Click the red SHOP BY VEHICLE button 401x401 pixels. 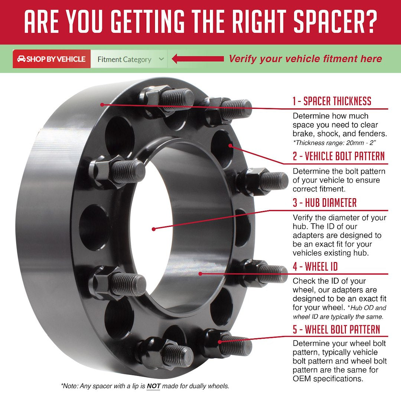click(52, 59)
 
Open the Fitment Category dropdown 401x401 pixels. click(128, 59)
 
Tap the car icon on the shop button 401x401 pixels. click(21, 59)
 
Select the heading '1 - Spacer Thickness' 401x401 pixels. click(332, 101)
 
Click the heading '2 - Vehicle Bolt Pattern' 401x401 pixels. click(338, 156)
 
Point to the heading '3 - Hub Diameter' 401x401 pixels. click(324, 203)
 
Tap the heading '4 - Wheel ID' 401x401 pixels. click(315, 267)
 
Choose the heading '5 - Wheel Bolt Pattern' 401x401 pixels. click(336, 329)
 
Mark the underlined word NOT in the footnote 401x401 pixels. click(153, 386)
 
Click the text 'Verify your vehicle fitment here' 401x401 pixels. click(305, 59)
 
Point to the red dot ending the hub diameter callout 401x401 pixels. click(154, 229)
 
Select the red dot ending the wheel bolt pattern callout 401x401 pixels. click(221, 342)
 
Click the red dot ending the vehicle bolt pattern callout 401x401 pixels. click(231, 146)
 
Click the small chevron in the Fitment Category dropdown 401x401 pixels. click(161, 59)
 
